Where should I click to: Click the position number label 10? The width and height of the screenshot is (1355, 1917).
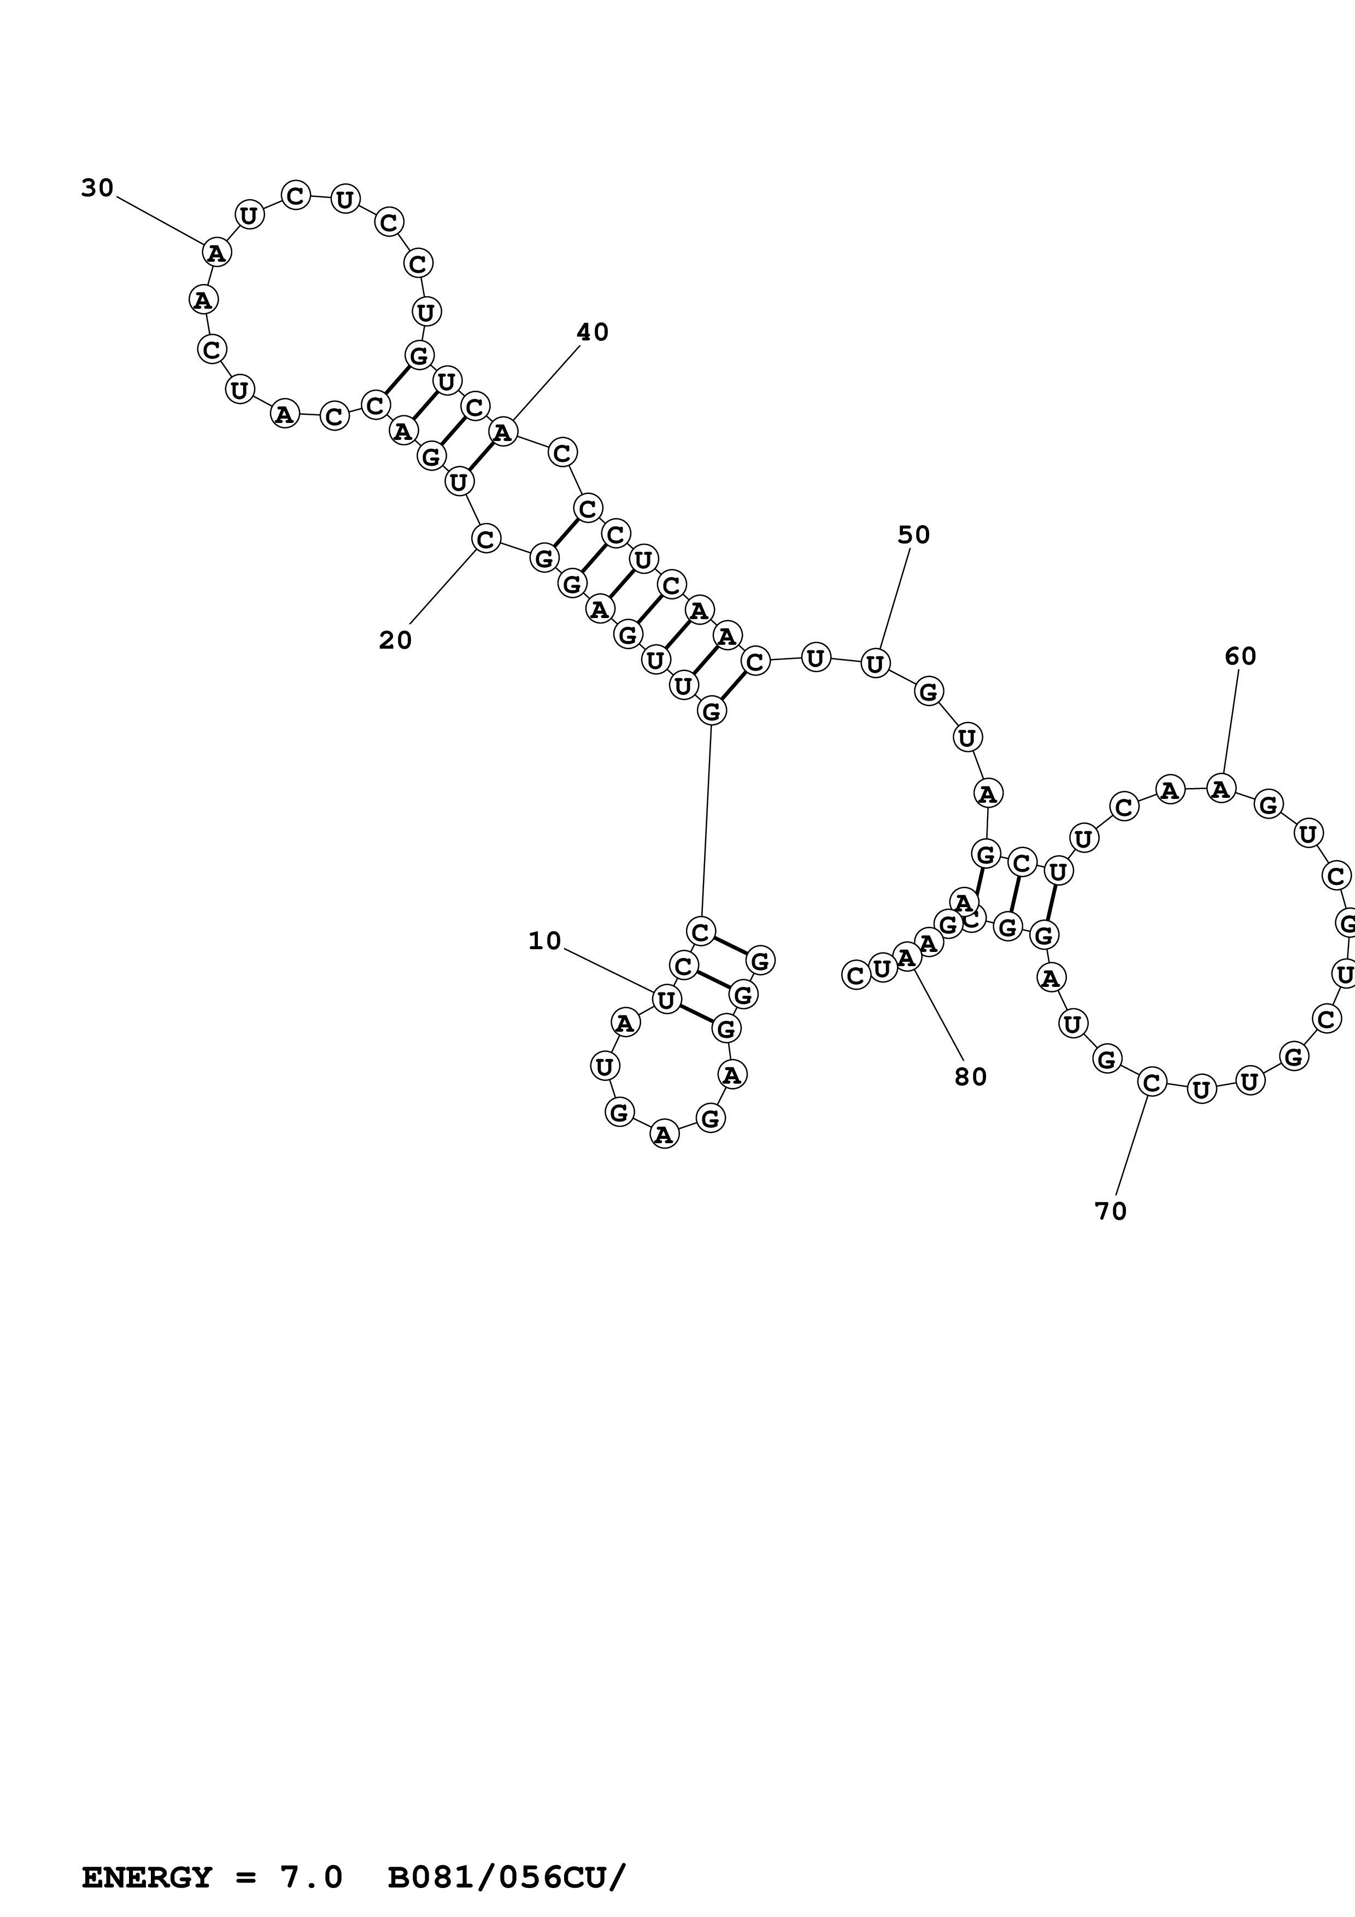click(x=544, y=941)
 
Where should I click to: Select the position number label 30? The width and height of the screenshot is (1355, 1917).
click(x=97, y=188)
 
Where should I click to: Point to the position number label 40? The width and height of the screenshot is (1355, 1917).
click(x=592, y=332)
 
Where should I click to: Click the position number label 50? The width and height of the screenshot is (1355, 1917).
click(x=913, y=534)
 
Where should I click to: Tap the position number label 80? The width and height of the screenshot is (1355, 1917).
click(x=970, y=1077)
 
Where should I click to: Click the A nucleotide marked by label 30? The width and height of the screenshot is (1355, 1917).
click(x=215, y=251)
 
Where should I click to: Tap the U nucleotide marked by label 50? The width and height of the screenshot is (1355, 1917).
click(x=874, y=664)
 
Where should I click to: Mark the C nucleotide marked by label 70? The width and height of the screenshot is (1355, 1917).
click(x=1151, y=1083)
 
